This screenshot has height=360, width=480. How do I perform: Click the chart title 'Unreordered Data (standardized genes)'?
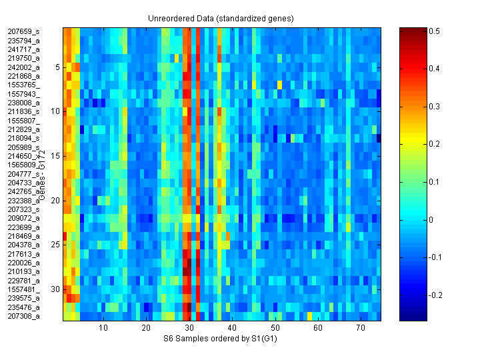point(221,18)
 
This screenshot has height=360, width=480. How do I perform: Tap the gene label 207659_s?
point(23,31)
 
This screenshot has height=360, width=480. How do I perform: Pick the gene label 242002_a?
point(23,67)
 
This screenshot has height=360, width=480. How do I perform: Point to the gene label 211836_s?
point(23,111)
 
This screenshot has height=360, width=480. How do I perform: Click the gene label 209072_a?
point(23,218)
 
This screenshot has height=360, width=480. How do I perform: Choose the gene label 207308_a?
point(23,316)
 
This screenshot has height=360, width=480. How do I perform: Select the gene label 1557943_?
point(23,94)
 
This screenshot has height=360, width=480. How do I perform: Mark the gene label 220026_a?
point(23,263)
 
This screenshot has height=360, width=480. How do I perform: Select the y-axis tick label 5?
point(58,67)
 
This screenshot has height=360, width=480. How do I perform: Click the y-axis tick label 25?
point(56,245)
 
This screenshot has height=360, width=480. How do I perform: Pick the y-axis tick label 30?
point(56,289)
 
